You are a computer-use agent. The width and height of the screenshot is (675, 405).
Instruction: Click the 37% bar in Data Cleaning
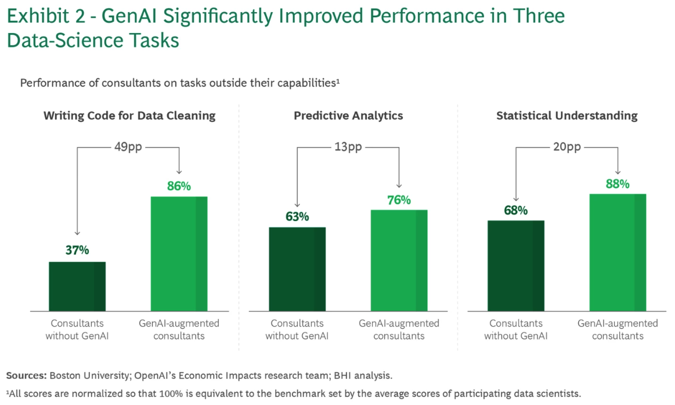click(x=77, y=286)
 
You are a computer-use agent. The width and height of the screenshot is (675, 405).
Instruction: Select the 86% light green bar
click(x=179, y=254)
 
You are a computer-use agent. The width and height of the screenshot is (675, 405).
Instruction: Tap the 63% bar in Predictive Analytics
click(x=297, y=269)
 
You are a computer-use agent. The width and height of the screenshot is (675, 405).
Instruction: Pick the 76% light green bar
click(x=399, y=260)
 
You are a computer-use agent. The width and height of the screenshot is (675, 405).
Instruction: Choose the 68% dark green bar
click(x=516, y=266)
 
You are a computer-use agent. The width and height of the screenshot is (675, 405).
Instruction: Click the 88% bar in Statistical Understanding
click(x=618, y=252)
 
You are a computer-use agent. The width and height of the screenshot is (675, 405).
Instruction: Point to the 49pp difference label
click(x=129, y=147)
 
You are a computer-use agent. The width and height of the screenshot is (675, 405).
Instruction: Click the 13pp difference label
click(x=348, y=147)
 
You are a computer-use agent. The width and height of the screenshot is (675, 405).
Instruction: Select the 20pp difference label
click(x=567, y=147)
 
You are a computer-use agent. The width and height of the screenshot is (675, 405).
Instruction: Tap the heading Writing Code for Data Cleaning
click(x=129, y=115)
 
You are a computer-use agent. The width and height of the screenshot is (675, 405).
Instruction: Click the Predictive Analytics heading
click(x=348, y=115)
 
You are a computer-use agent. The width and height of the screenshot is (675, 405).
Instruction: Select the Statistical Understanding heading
click(x=566, y=115)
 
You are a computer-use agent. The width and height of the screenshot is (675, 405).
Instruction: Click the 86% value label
click(x=179, y=186)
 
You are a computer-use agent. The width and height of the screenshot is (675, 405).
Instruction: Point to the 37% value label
click(x=77, y=251)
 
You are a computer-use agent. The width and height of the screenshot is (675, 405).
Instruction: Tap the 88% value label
click(x=618, y=184)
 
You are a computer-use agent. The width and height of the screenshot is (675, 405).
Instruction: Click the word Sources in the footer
click(x=27, y=375)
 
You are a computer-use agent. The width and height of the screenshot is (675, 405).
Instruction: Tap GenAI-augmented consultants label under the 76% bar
click(x=399, y=329)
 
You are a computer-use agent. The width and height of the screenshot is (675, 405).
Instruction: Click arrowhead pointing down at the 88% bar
click(x=618, y=172)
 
